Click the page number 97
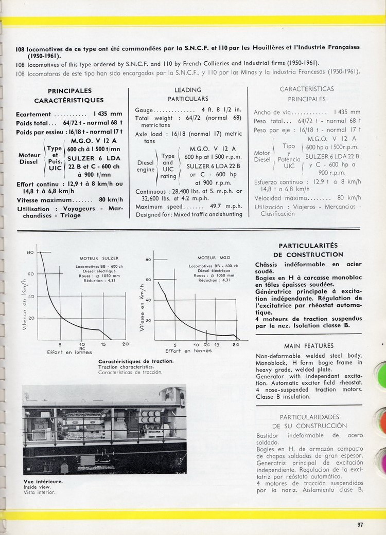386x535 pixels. point(360,524)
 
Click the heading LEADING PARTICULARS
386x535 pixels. point(188,94)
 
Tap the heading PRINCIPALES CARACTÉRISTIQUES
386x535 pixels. point(69,95)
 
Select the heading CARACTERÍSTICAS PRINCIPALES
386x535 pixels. point(307,94)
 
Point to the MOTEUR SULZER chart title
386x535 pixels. point(99,258)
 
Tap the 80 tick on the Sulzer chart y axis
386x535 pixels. point(30,252)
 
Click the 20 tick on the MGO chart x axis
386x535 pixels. point(236,344)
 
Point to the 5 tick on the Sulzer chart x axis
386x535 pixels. point(60,344)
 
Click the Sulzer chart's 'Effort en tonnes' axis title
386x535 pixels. point(69,352)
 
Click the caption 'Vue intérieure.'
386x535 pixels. point(39,482)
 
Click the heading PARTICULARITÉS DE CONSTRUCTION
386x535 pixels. point(308,250)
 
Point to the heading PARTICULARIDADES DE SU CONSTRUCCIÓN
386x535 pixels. point(308,421)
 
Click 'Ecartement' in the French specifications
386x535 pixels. point(33,114)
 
